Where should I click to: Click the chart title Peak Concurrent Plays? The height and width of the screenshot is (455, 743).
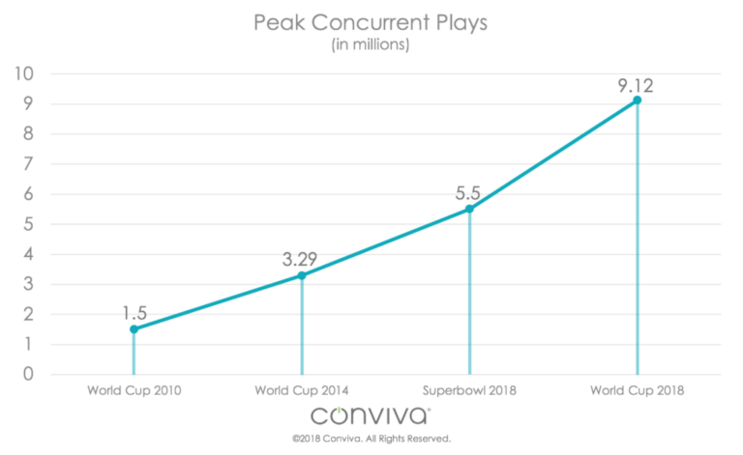(x=371, y=22)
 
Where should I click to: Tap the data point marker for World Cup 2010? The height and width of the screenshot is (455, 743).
(x=134, y=328)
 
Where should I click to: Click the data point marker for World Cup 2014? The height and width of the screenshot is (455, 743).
(x=301, y=275)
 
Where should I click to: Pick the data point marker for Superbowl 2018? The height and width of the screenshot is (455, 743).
(x=469, y=209)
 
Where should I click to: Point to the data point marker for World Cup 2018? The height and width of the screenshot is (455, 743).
(x=637, y=100)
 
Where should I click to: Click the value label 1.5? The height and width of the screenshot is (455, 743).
(x=134, y=311)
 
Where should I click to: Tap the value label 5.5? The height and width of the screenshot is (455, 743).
(x=469, y=190)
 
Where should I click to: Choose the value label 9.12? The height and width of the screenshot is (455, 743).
(x=636, y=85)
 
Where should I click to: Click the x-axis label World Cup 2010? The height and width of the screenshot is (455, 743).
(x=134, y=390)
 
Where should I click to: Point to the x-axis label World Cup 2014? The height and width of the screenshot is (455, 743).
(x=301, y=390)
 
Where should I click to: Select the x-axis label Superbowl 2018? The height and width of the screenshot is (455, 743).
(x=469, y=390)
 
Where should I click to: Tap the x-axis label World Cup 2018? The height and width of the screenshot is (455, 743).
(x=637, y=390)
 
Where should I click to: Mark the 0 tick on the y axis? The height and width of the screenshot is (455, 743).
(x=29, y=374)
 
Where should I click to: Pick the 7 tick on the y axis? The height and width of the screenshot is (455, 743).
(x=29, y=164)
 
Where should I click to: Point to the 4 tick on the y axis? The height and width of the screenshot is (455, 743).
(x=29, y=254)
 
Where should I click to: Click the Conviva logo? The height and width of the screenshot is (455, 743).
(x=371, y=415)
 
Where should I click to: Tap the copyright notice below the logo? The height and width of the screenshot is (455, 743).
(x=371, y=440)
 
